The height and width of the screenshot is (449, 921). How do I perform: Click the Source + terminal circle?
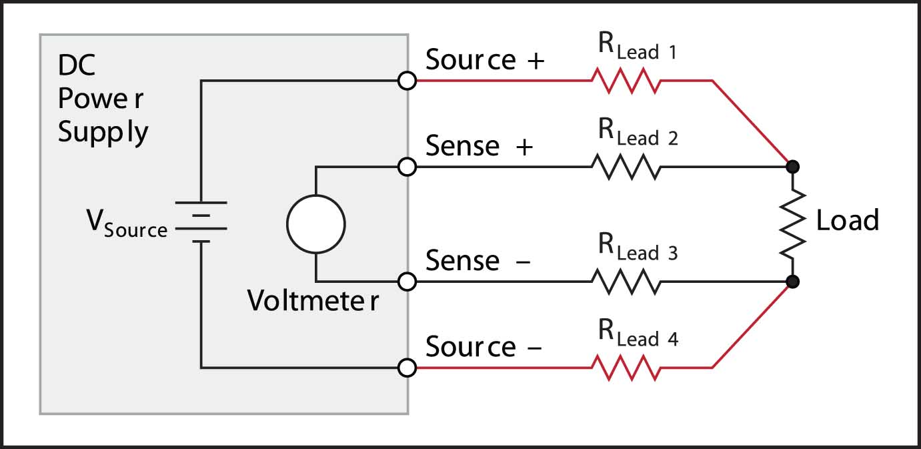tap(407, 81)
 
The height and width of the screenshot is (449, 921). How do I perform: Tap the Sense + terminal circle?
tap(407, 166)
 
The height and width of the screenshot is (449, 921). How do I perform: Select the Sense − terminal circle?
tap(407, 282)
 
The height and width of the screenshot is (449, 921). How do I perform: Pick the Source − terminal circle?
tap(407, 367)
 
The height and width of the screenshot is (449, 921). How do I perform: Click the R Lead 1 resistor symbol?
tap(626, 81)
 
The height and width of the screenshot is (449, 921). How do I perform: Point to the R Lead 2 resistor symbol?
tap(626, 166)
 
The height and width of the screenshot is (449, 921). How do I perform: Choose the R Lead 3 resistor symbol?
tap(626, 282)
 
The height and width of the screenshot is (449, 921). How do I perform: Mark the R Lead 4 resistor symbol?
tap(626, 367)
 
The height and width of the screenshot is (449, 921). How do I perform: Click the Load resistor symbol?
tap(793, 223)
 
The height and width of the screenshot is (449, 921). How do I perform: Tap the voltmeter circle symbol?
tap(315, 224)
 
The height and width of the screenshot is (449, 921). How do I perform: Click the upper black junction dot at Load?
tap(793, 166)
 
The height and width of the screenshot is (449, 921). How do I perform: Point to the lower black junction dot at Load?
tap(793, 282)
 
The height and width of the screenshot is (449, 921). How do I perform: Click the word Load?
tap(847, 220)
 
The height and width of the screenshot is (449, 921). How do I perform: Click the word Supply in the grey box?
tap(103, 132)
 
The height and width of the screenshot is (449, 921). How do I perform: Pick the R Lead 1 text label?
tap(638, 48)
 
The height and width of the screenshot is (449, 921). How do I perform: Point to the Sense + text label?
tap(480, 146)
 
